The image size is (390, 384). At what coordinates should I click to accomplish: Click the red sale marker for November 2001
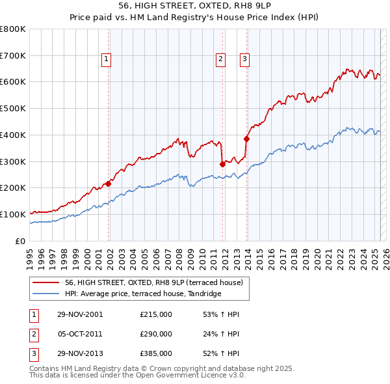click(109, 184)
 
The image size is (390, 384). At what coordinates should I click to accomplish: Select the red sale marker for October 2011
click(222, 164)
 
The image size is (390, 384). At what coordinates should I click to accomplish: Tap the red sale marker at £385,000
click(247, 139)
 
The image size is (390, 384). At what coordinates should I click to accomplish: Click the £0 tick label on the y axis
click(21, 241)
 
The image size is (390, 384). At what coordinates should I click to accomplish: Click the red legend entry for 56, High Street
click(153, 282)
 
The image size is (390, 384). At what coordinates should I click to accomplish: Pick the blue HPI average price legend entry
click(143, 294)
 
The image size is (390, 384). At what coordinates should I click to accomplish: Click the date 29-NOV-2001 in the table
click(81, 314)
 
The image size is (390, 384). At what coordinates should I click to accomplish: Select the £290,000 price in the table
click(156, 334)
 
